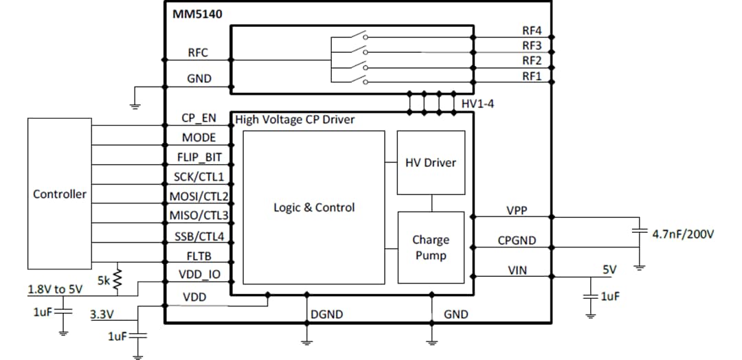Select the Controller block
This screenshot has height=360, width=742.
60,194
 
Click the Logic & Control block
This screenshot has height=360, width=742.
314,207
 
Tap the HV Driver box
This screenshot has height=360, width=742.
431,163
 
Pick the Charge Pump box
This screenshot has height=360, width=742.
431,247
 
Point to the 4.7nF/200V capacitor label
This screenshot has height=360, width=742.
683,234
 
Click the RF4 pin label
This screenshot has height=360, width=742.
532,31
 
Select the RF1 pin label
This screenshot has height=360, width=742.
532,76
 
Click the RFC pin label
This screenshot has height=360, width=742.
198,53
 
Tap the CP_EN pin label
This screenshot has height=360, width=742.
199,117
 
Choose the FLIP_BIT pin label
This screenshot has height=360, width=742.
199,157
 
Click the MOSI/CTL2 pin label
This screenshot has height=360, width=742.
199,196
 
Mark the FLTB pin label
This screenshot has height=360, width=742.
199,256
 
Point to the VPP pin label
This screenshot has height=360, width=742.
517,211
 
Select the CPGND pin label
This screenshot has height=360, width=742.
517,240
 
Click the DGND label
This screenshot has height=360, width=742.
326,315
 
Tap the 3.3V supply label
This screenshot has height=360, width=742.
102,315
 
